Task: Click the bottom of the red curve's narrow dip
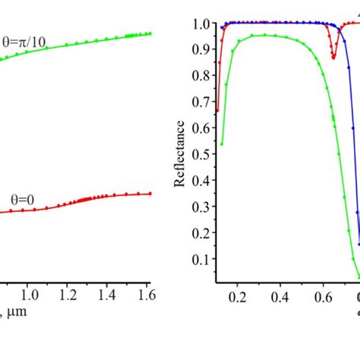pos(333,56)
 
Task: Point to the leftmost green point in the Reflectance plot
pos(222,144)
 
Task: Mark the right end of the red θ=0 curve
pos(150,194)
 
